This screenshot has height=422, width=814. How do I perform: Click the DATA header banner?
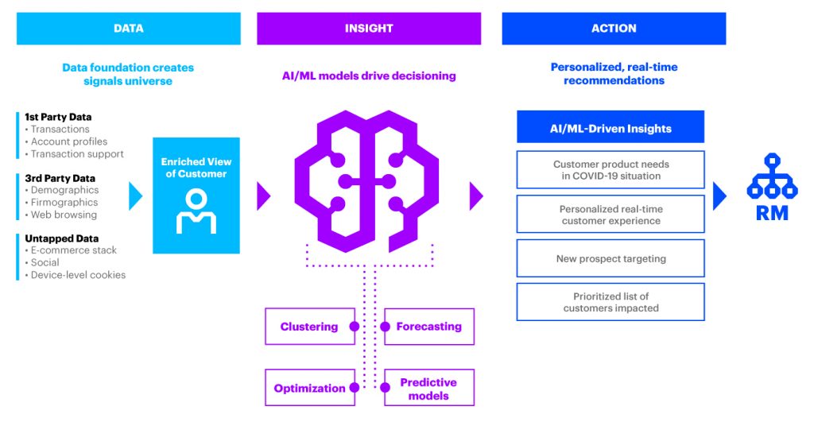(x=128, y=29)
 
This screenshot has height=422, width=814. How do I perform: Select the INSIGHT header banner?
(x=369, y=29)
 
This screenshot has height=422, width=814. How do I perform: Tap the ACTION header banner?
(x=614, y=29)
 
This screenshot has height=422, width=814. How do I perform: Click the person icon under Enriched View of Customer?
(x=196, y=211)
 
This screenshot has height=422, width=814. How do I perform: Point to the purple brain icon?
(x=370, y=182)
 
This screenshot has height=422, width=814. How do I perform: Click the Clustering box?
(x=309, y=327)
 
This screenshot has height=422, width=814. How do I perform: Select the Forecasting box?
(x=429, y=327)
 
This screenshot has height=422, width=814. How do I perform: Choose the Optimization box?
(x=309, y=388)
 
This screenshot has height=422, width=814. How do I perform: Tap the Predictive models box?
(x=429, y=389)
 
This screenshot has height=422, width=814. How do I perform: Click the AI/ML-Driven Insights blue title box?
(x=610, y=128)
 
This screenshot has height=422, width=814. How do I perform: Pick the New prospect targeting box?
(x=610, y=258)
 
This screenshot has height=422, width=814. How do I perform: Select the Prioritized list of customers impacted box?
(x=610, y=302)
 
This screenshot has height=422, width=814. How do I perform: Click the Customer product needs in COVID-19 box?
(x=610, y=170)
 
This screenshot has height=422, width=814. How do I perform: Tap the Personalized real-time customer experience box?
(x=610, y=215)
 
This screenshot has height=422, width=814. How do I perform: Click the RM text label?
(x=773, y=212)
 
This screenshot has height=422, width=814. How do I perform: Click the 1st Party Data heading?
(x=58, y=118)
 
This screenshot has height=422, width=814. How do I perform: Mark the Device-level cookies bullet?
(x=78, y=275)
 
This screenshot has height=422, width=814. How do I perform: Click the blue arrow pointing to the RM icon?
(x=719, y=196)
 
